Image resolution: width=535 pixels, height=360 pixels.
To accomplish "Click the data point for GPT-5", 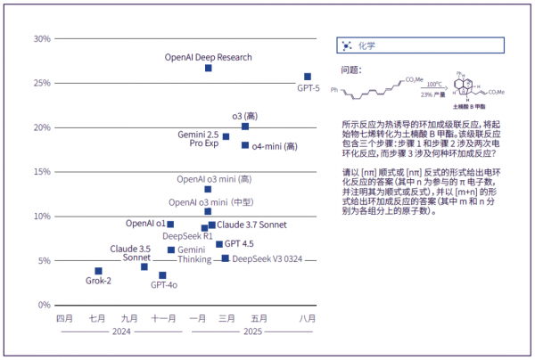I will point(308,77).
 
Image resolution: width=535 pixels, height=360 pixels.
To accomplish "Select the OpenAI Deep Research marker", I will point(208,68).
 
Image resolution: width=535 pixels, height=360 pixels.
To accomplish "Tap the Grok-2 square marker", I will point(98,271).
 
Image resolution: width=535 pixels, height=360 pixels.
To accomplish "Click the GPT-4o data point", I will point(162,275).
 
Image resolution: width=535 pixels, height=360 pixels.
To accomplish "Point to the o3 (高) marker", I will point(245,127).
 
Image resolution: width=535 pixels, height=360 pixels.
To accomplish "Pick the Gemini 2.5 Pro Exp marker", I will point(226,136).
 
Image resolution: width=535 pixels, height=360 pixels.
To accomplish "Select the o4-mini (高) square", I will point(245,145).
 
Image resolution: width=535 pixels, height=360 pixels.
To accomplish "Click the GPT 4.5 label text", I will point(239,243).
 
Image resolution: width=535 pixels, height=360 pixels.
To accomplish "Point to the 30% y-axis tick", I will point(41,38).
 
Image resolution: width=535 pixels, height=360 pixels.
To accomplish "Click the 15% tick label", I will point(41,172).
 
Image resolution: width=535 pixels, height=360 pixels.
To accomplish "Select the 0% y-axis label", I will point(44,306).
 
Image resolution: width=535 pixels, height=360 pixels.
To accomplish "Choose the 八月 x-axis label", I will point(308,318).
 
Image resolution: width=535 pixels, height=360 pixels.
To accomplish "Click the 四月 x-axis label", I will point(64,318).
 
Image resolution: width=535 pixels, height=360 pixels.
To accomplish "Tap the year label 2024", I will point(121,331).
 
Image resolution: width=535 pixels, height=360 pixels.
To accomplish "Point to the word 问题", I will point(350,69).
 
